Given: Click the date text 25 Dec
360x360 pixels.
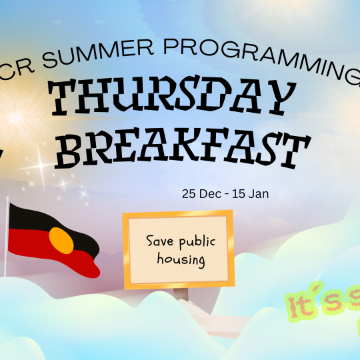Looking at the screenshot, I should pyautogui.click(x=199, y=195).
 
